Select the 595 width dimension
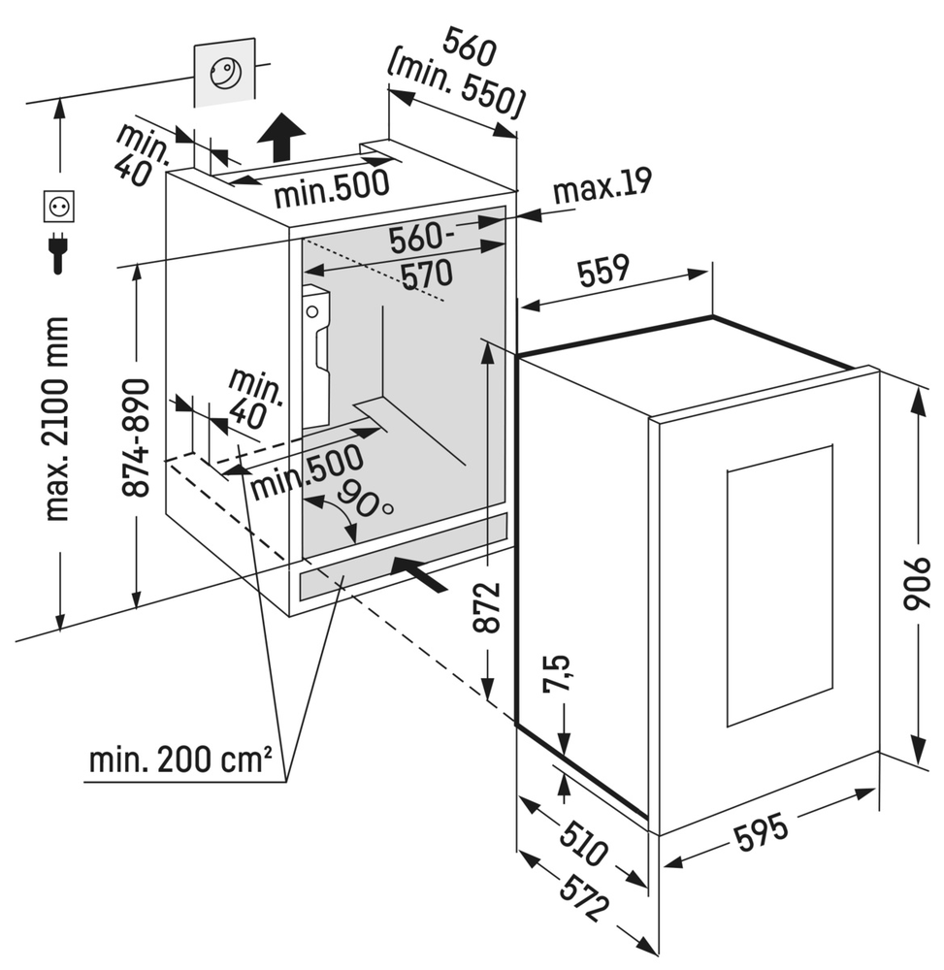[762, 825]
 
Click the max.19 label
[602, 184]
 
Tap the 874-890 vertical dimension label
[138, 436]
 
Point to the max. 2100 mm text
[58, 417]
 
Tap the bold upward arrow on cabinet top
[282, 136]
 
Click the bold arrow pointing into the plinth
[419, 573]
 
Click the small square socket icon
[58, 207]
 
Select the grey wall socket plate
[225, 73]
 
